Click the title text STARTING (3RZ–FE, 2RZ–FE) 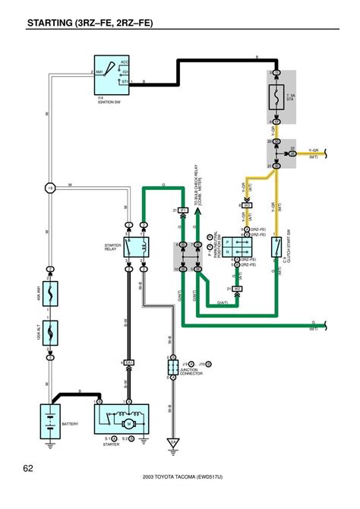coord(90,24)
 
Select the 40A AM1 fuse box coord(49,293)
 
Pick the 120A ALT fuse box coord(49,330)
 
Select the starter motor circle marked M coord(129,423)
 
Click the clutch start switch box coord(278,245)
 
